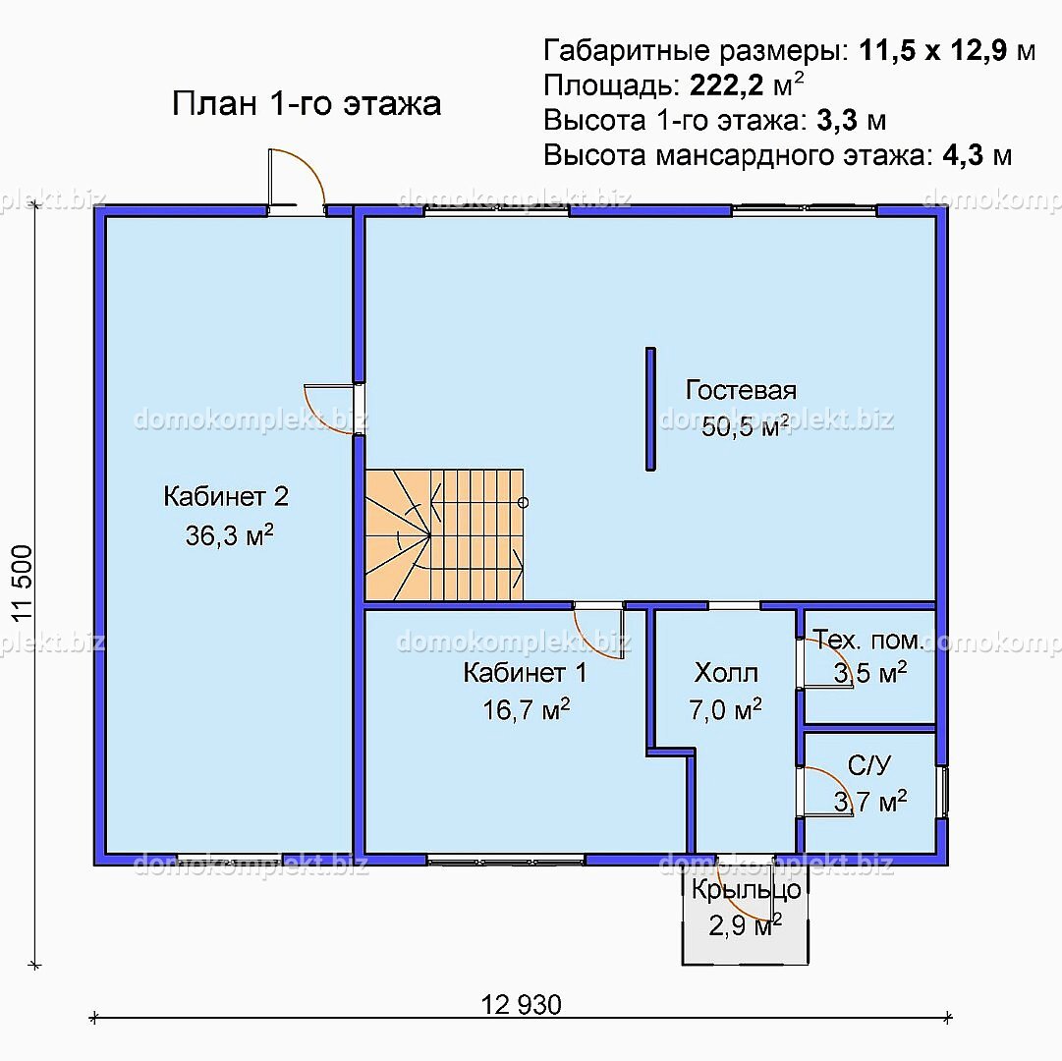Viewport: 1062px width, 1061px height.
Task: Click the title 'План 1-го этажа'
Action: (307, 104)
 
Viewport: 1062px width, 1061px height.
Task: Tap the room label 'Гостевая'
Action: (741, 390)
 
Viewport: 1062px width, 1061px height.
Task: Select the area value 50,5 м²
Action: (746, 426)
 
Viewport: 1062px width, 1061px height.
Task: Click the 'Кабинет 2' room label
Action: (226, 496)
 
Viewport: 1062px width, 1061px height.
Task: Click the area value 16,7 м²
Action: (527, 710)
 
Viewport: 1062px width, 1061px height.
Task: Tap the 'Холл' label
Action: (726, 673)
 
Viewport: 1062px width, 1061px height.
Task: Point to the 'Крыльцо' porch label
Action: (746, 890)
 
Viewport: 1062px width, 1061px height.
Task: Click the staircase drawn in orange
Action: (444, 533)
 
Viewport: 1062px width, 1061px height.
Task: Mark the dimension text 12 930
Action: (522, 1005)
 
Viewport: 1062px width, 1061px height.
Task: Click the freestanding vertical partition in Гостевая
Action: (650, 409)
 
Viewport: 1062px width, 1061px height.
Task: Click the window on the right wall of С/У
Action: (944, 792)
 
